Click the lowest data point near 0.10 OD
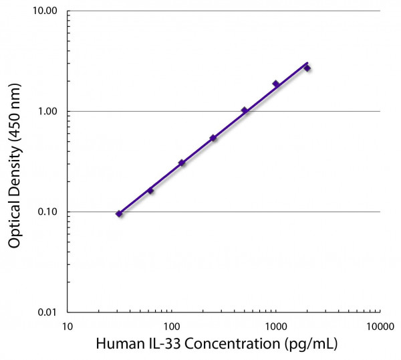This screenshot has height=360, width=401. [x=119, y=213]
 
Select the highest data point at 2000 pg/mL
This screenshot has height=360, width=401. [x=307, y=68]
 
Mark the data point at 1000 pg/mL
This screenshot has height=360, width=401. [x=276, y=84]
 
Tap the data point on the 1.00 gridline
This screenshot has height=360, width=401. [x=245, y=110]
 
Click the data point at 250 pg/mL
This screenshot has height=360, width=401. [x=213, y=138]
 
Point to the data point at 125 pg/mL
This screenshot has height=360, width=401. [x=182, y=163]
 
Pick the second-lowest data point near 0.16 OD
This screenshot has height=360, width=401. [x=150, y=191]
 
